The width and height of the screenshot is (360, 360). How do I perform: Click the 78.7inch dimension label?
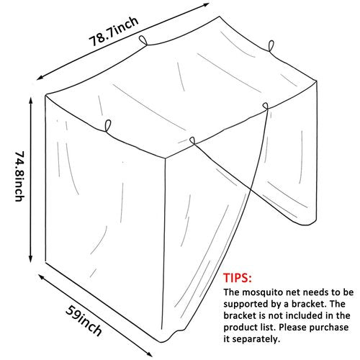(x=114, y=31)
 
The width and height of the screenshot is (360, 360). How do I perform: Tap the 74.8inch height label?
(x=19, y=176)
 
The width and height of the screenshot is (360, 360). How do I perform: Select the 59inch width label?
(x=84, y=321)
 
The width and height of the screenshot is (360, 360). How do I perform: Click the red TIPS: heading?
(x=238, y=278)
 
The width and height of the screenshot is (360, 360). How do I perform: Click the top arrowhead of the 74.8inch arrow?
(x=31, y=99)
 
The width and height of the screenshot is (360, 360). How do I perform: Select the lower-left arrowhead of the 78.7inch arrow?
(x=40, y=78)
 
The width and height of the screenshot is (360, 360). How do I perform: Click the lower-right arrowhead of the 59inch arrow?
(x=149, y=354)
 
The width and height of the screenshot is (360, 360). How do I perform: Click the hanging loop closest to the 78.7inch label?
(x=143, y=40)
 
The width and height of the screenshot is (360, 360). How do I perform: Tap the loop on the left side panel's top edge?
(x=108, y=126)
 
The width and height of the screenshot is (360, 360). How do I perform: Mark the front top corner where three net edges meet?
(x=165, y=158)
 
